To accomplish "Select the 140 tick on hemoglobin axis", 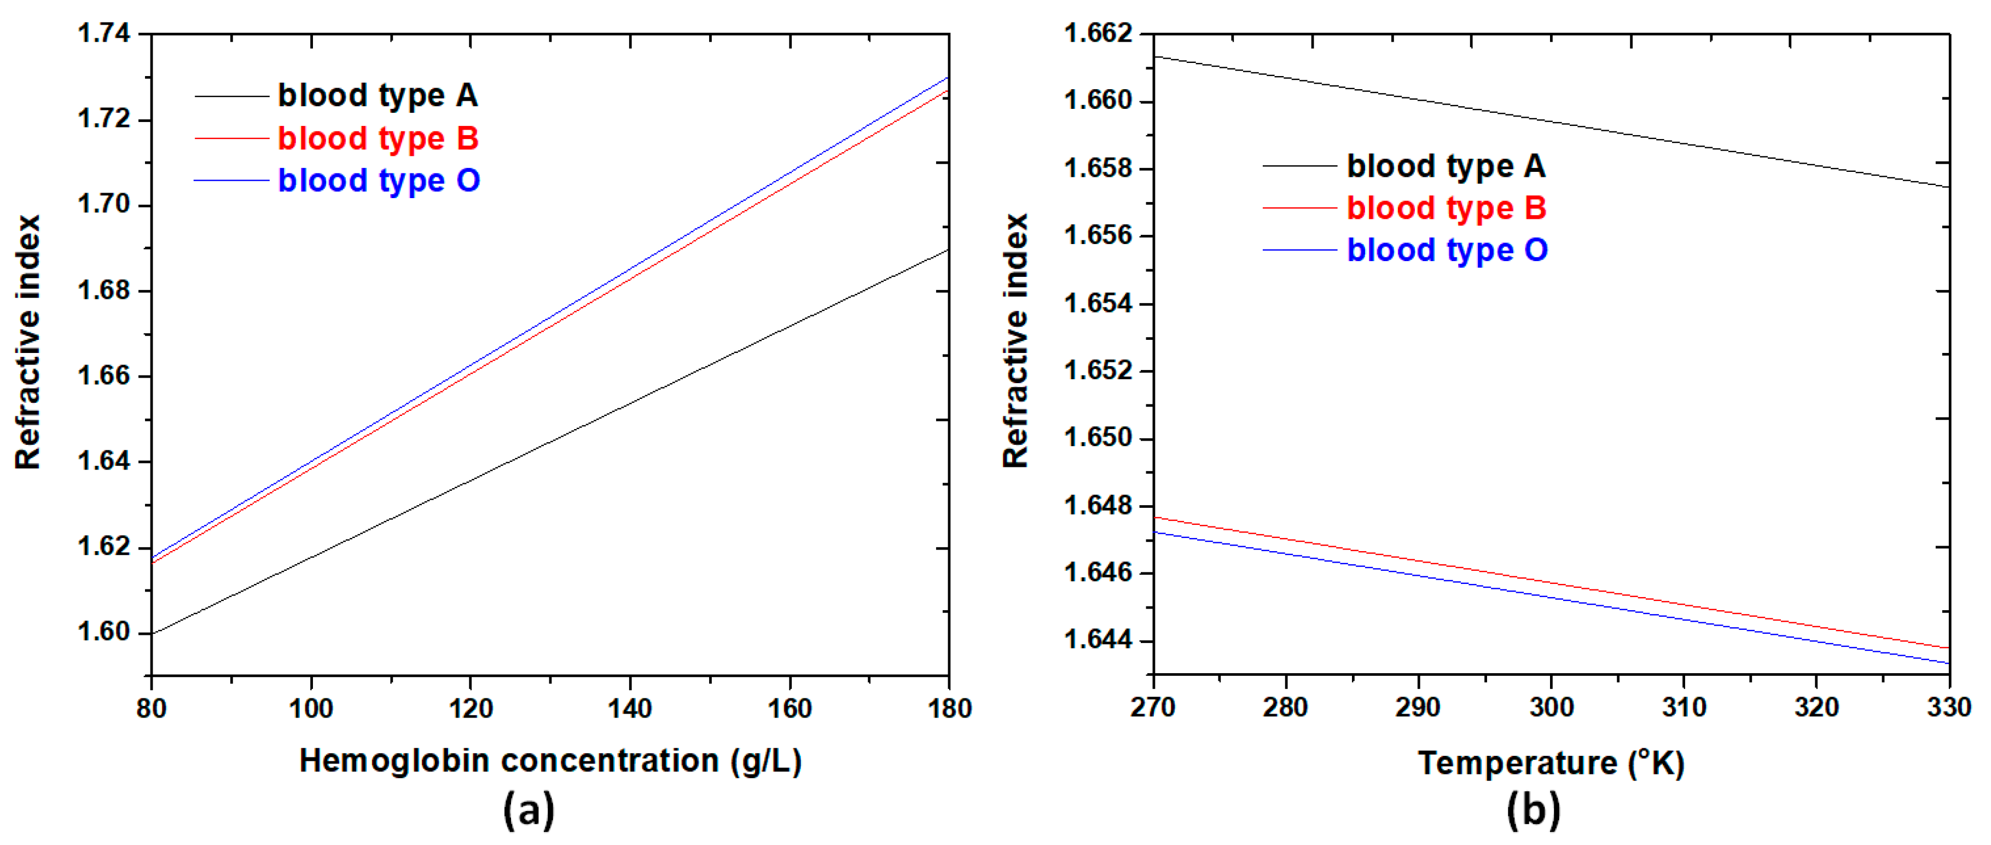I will tap(630, 708).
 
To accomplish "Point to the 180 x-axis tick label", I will tap(948, 708).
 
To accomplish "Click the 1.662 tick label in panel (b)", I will tap(1098, 33).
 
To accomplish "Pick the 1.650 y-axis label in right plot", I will tap(1098, 438).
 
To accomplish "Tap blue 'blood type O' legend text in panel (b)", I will tap(1447, 250).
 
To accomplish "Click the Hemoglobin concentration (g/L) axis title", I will tap(550, 761).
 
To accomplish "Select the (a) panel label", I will tap(529, 810).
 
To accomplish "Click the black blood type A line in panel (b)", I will tap(1551, 121).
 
